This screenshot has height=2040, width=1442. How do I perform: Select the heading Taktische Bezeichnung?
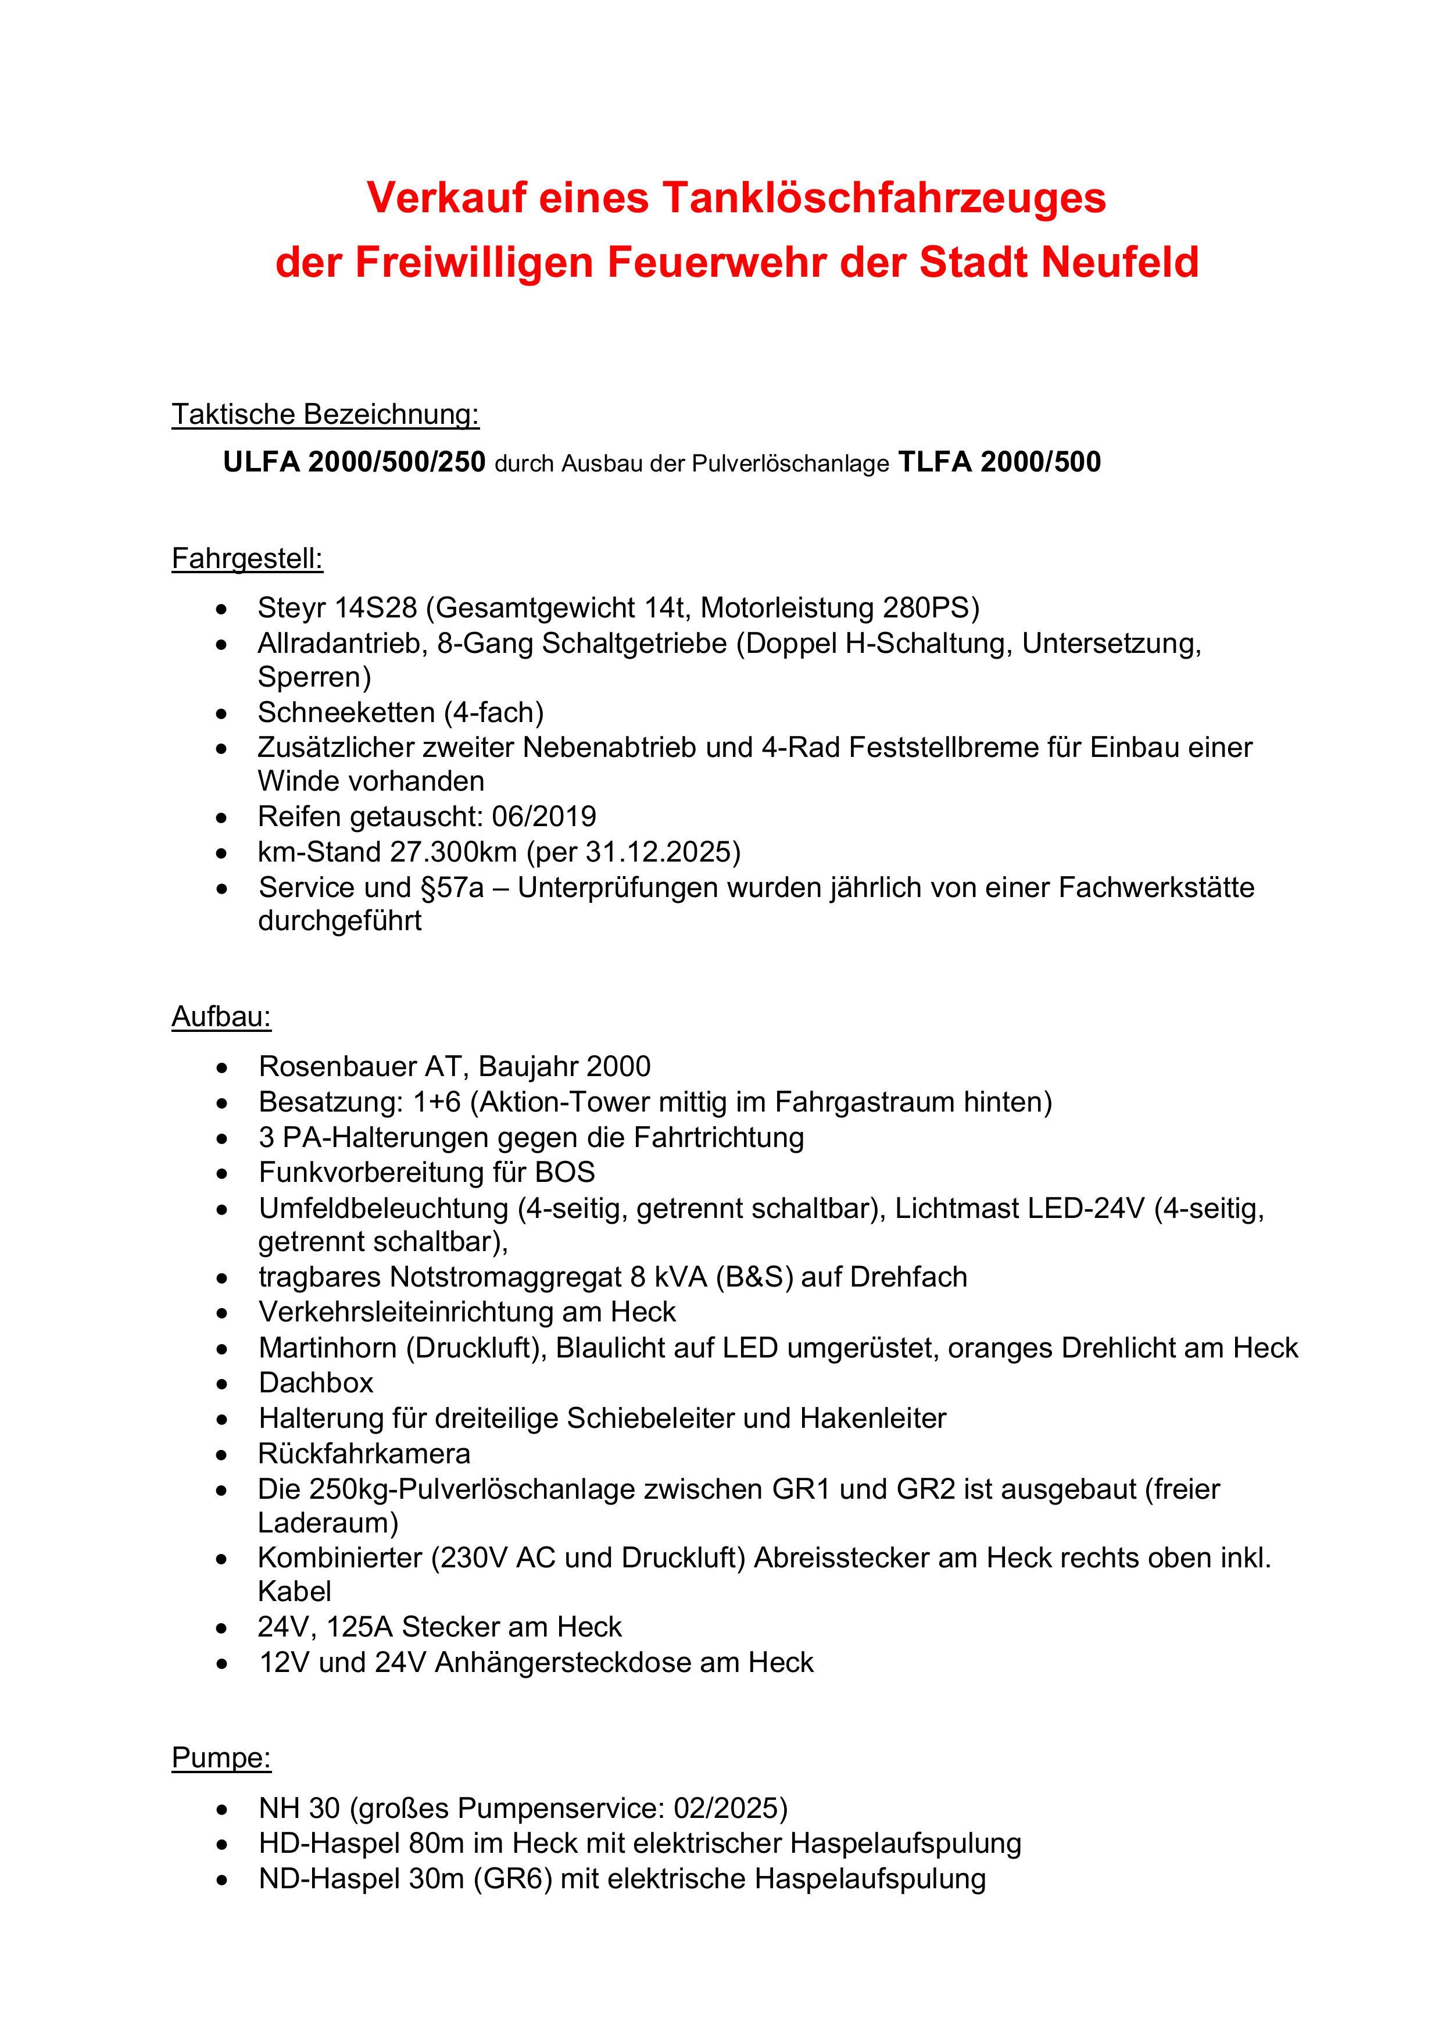(325, 414)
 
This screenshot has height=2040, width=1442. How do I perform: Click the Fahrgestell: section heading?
(247, 559)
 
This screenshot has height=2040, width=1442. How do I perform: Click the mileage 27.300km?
(453, 852)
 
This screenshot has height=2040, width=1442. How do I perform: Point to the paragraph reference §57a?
(453, 888)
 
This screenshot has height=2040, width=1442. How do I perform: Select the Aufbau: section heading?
(221, 1016)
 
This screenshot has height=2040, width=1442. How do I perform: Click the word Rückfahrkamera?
(364, 1453)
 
